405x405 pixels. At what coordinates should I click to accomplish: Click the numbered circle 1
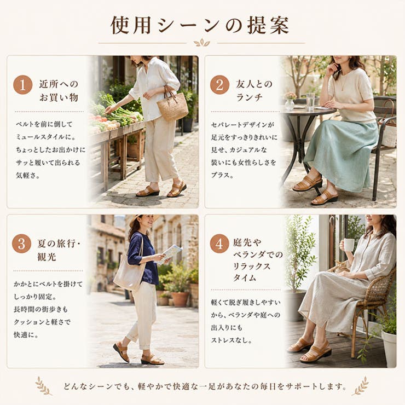(23, 85)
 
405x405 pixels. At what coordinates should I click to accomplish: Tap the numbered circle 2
(219, 85)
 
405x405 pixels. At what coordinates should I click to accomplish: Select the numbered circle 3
(22, 244)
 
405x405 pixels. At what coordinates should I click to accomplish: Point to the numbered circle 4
(219, 244)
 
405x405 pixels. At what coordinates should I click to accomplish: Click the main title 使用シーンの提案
(200, 25)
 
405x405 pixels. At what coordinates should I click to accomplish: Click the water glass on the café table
(310, 101)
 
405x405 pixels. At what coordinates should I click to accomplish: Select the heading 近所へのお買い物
(59, 91)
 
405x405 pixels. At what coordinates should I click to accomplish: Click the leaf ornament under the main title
(202, 43)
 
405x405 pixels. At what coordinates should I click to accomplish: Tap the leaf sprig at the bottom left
(43, 386)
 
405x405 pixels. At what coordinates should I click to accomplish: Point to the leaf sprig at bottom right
(360, 386)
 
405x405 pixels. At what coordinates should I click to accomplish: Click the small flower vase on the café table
(290, 101)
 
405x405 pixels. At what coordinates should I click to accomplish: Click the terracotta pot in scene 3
(180, 299)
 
